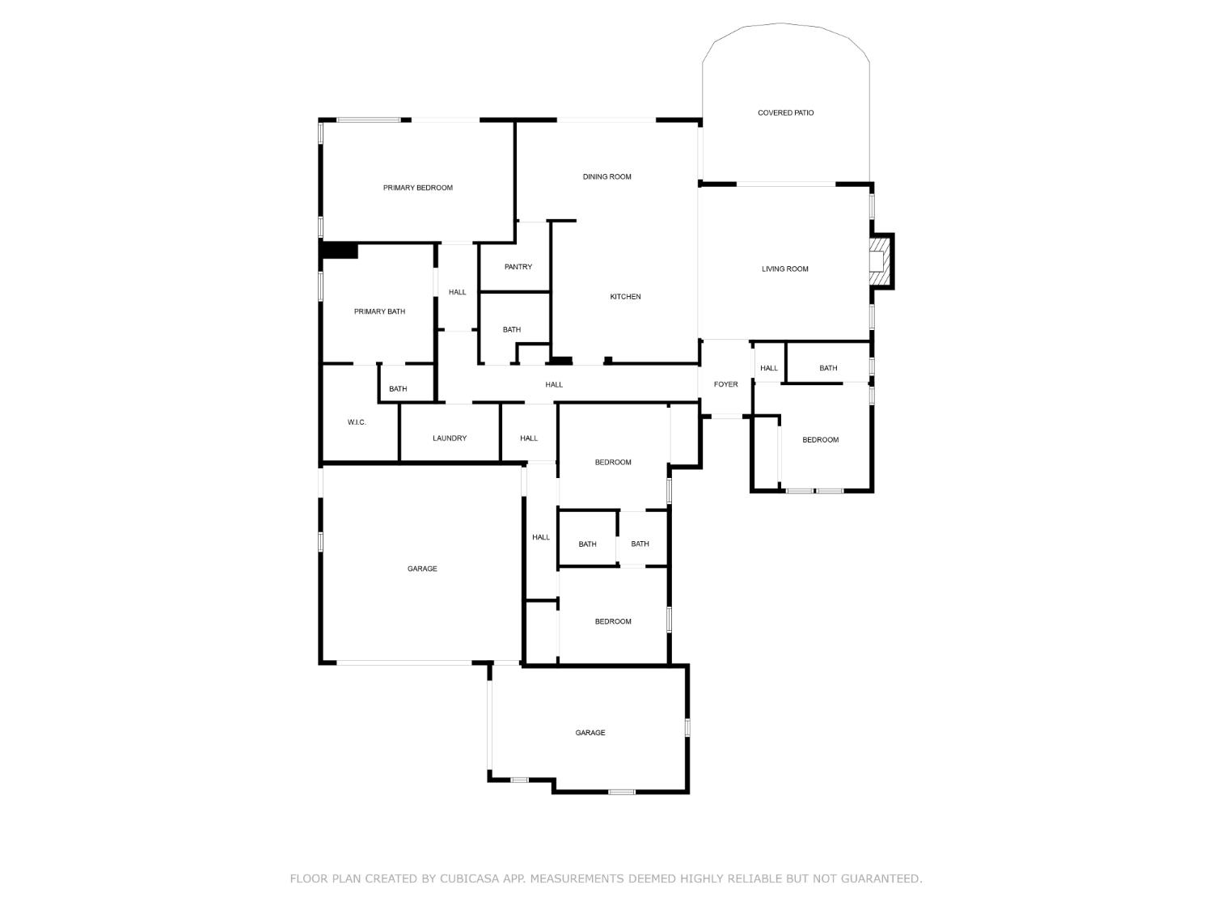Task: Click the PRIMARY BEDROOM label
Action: click(417, 188)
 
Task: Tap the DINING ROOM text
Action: click(606, 176)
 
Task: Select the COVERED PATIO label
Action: click(785, 112)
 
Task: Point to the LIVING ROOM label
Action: click(784, 269)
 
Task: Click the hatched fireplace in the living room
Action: click(880, 261)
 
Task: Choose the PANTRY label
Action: click(518, 267)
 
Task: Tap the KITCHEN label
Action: click(625, 297)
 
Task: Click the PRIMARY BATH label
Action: click(379, 311)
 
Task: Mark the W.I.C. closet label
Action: click(357, 422)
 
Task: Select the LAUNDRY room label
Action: click(449, 438)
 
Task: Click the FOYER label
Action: click(725, 384)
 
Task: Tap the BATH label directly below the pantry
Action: click(511, 330)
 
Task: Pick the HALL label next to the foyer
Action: click(768, 368)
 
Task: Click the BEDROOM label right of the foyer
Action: click(820, 440)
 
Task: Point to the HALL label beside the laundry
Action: click(529, 438)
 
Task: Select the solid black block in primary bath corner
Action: click(340, 251)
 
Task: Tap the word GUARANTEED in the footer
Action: click(881, 878)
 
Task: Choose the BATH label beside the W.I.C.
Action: click(398, 389)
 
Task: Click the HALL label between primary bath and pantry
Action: click(457, 292)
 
